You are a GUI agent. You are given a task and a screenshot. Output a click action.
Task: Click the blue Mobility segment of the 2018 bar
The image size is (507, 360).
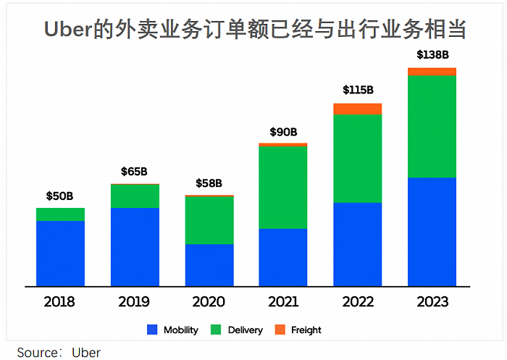pyautogui.click(x=60, y=253)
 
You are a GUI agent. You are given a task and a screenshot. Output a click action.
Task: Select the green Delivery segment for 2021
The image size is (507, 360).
pyautogui.click(x=283, y=187)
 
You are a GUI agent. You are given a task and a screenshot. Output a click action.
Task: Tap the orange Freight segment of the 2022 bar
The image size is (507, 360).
pyautogui.click(x=358, y=109)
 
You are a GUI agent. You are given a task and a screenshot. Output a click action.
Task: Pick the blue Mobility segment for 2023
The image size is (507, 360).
pyautogui.click(x=432, y=231)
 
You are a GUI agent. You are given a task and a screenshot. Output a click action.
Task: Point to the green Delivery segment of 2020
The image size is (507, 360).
pyautogui.click(x=209, y=220)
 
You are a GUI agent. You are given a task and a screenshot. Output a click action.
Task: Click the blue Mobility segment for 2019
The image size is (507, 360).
pyautogui.click(x=135, y=246)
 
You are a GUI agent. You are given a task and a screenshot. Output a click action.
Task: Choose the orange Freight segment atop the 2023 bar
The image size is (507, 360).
pyautogui.click(x=432, y=71)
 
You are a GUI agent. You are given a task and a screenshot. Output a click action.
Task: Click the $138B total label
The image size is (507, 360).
pyautogui.click(x=432, y=54)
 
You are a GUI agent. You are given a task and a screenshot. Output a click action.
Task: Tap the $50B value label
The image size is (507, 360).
pyautogui.click(x=60, y=196)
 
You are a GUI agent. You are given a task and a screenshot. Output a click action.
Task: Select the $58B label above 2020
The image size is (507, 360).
pyautogui.click(x=209, y=183)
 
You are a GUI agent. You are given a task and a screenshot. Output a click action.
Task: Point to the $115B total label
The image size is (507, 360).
pyautogui.click(x=358, y=90)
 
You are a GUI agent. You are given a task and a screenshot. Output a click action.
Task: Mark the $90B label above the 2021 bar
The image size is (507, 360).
pyautogui.click(x=283, y=131)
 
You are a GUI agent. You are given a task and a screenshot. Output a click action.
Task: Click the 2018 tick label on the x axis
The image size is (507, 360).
pyautogui.click(x=60, y=301)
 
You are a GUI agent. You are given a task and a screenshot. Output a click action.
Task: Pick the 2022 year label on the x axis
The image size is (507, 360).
pyautogui.click(x=358, y=301)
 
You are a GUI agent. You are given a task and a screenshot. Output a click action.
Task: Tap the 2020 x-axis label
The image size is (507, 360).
pyautogui.click(x=209, y=301)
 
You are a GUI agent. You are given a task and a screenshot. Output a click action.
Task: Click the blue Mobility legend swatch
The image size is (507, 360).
pyautogui.click(x=152, y=330)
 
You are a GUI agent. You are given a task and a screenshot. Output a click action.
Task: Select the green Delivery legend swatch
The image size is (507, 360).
pyautogui.click(x=216, y=330)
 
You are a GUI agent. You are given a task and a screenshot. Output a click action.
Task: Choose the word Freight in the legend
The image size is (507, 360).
pyautogui.click(x=306, y=330)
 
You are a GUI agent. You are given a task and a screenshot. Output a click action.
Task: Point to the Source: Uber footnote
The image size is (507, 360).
pyautogui.click(x=59, y=352)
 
